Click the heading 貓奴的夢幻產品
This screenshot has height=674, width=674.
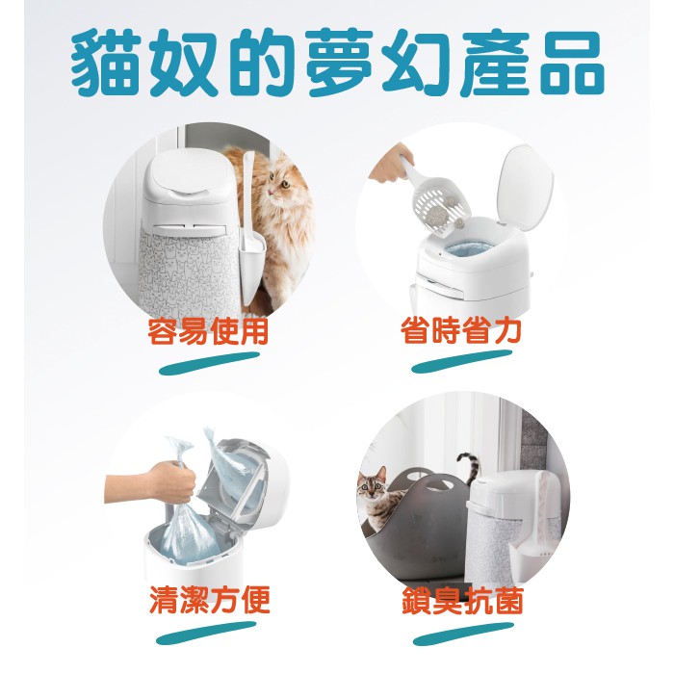338,63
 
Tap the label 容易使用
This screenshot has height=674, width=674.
208,331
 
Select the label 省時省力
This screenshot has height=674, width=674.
461,331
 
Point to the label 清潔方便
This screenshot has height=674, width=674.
210,600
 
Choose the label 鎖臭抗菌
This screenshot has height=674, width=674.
462,600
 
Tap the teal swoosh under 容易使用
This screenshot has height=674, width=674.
209,363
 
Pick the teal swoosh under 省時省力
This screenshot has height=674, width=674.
462,361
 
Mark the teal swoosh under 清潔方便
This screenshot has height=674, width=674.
206,633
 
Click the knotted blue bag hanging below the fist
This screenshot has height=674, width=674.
189,533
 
